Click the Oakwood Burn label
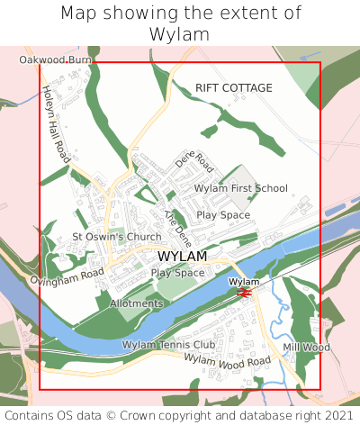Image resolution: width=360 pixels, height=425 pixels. (x=56, y=59)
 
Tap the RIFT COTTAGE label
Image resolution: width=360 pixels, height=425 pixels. (x=233, y=87)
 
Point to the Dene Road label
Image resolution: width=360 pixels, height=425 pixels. (x=193, y=161)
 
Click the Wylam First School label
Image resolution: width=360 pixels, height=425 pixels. (x=241, y=188)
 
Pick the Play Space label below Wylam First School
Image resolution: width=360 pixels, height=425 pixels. (x=223, y=215)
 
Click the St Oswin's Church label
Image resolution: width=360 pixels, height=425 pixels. (x=117, y=237)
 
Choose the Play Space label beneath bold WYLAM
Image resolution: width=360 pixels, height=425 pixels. (x=177, y=272)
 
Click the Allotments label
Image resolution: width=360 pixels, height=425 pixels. (x=136, y=303)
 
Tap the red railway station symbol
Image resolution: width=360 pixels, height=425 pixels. (x=243, y=291)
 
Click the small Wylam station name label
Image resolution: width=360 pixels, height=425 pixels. (x=243, y=282)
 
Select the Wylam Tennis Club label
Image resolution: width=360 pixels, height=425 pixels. (x=168, y=344)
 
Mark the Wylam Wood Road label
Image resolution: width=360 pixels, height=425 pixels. (x=227, y=360)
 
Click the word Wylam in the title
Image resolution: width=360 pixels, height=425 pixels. (x=180, y=34)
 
